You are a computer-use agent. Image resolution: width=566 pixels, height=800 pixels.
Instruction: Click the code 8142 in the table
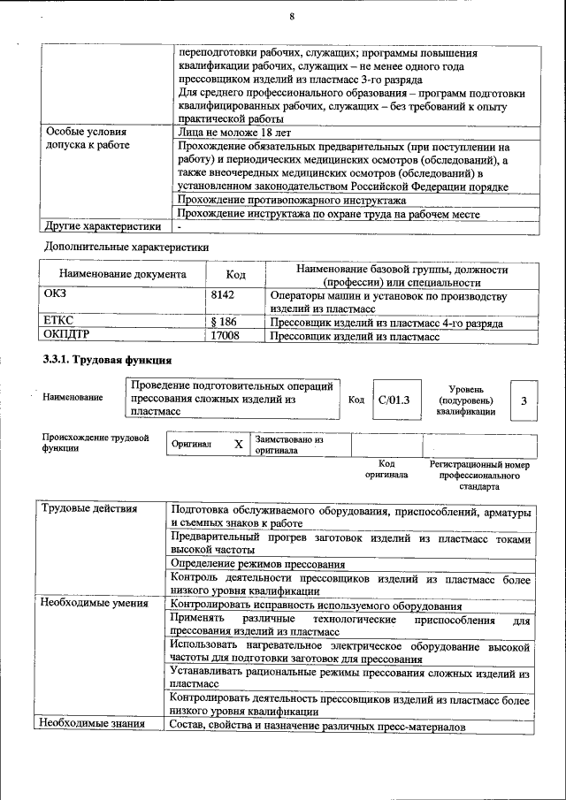click(223, 294)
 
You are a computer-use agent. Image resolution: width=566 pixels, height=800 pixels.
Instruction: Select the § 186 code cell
click(224, 323)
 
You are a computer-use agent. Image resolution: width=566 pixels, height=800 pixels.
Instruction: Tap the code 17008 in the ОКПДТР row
click(225, 336)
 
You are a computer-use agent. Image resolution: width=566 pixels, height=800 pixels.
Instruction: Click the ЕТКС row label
click(58, 323)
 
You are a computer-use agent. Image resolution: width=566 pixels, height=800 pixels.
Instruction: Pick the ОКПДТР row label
click(67, 336)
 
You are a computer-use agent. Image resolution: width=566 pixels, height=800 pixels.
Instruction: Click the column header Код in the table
click(235, 275)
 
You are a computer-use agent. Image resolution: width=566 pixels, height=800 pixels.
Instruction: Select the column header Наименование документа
click(123, 275)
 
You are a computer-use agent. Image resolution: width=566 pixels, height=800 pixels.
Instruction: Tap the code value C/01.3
click(394, 400)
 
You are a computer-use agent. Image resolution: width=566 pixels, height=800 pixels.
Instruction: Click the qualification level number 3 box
click(524, 400)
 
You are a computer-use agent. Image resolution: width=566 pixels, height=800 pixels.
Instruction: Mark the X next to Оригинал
click(238, 444)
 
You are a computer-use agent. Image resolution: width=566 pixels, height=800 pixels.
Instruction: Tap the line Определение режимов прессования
click(257, 564)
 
